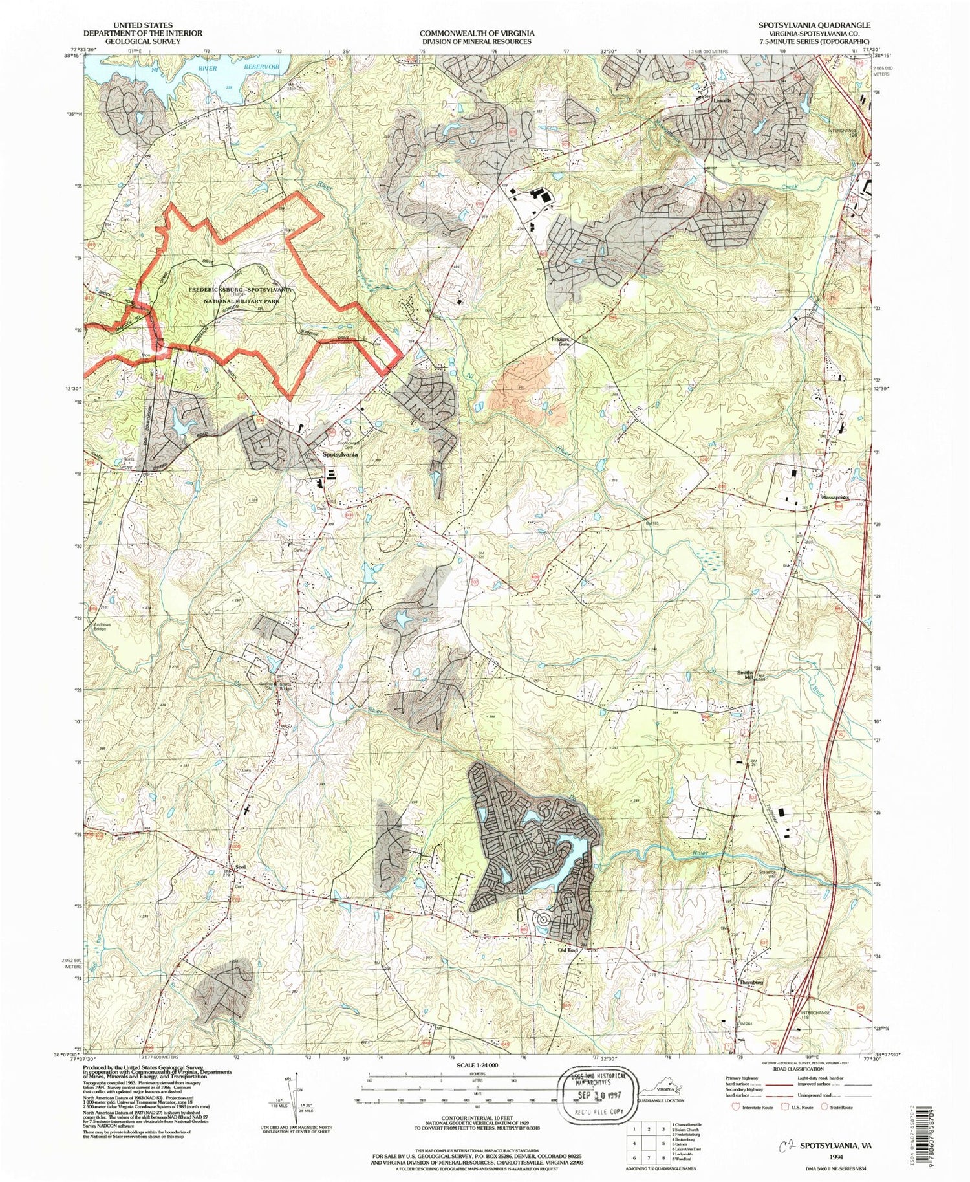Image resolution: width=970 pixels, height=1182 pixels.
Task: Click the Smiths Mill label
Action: pos(745,675)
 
